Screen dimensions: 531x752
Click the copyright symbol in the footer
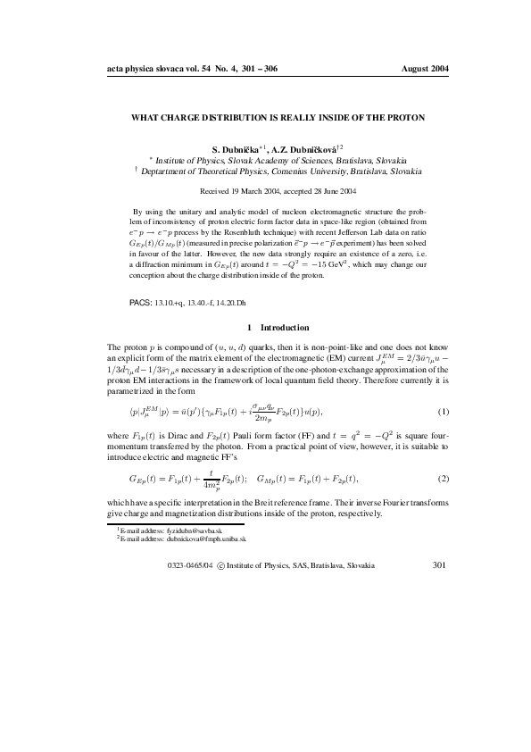tap(221, 566)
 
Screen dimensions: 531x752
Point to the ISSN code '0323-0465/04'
tap(190, 566)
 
